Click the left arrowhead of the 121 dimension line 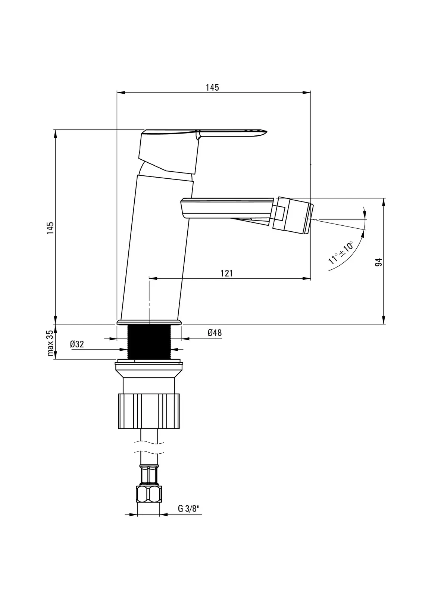coord(153,278)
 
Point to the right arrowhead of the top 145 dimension coord(307,93)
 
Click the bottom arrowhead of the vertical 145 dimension coord(56,320)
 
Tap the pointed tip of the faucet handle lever coord(266,131)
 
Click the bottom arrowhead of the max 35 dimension coord(56,355)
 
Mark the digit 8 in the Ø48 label coord(219,332)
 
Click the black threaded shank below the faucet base coord(149,342)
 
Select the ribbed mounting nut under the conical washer coord(149,411)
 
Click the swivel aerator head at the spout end coord(293,216)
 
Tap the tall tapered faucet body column coord(156,248)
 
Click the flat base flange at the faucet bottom coord(149,322)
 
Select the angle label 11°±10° coord(341,252)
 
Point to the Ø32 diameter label coord(77,344)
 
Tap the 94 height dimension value coord(379,262)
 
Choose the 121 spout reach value coord(226,273)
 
